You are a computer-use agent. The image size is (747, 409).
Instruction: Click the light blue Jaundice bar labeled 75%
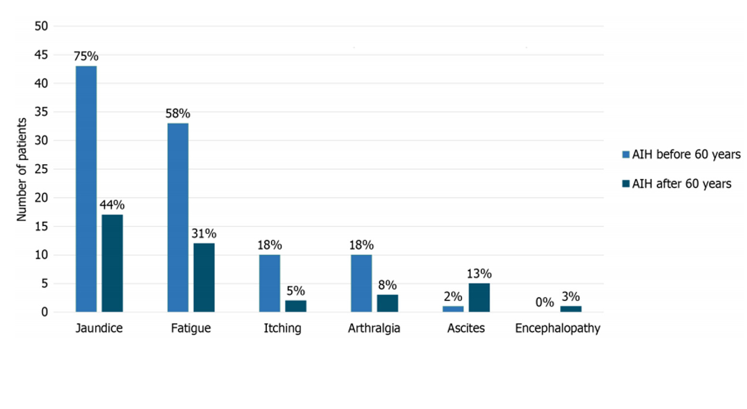tap(86, 189)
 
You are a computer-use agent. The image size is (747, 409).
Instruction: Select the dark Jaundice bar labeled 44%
tap(112, 263)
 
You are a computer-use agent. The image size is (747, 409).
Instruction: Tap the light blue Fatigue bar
tap(178, 217)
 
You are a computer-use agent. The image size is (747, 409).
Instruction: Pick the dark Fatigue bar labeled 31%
tap(204, 278)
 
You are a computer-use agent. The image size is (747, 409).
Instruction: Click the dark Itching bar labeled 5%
tap(295, 306)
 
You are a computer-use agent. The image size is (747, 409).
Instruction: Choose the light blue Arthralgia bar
tap(361, 283)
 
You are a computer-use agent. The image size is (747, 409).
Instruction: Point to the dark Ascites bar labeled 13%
tap(479, 297)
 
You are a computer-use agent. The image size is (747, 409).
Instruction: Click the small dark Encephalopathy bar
tap(571, 309)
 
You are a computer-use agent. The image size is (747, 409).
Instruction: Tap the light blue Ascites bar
tap(453, 309)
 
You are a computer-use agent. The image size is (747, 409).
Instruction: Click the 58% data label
tap(178, 114)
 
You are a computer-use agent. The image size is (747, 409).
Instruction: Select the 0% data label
tap(545, 302)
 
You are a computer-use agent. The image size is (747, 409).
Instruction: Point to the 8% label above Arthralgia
tap(387, 285)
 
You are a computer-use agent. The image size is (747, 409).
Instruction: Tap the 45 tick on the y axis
tap(41, 55)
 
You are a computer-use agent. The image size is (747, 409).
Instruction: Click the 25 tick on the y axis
tap(41, 169)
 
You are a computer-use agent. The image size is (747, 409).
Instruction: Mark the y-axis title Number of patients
tap(21, 169)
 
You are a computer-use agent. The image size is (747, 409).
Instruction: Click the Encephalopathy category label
tap(558, 328)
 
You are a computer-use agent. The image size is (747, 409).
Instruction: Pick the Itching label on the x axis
tap(282, 328)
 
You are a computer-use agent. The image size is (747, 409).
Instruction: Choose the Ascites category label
tap(466, 328)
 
